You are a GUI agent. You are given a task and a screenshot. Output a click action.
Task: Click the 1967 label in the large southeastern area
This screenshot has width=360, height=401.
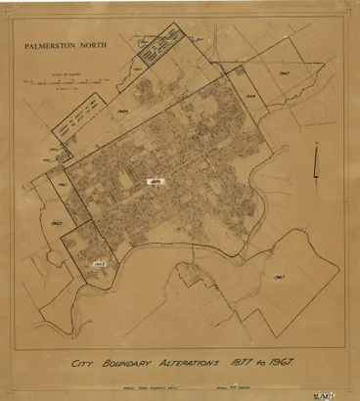point(280,277)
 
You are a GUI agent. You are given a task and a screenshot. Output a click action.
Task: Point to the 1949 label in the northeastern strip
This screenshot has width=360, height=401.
point(250,96)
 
